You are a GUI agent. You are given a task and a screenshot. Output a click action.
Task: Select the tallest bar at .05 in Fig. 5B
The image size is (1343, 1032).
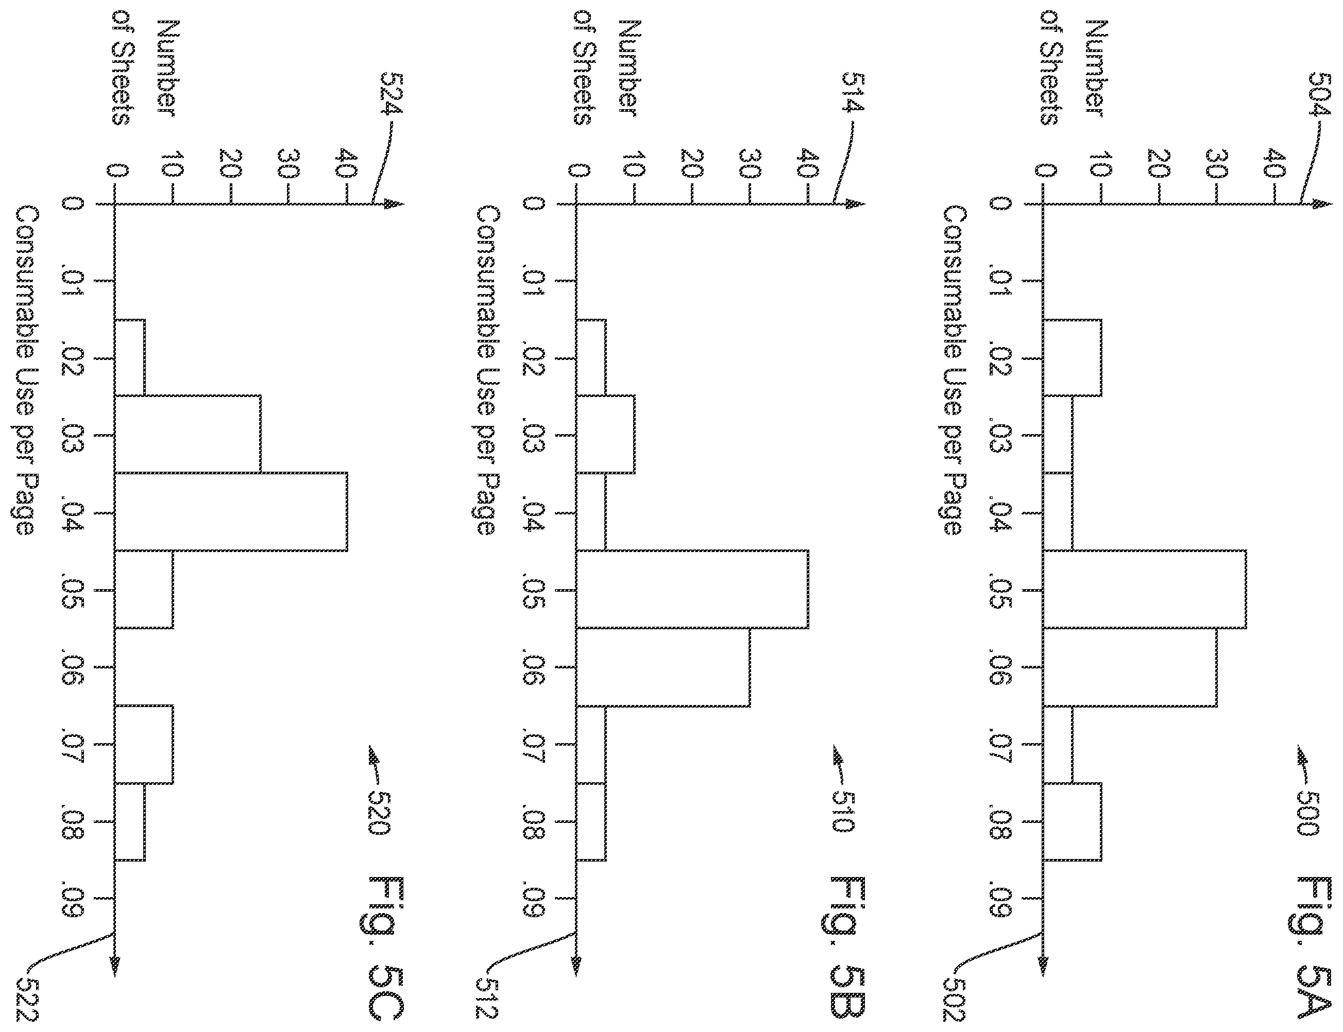point(692,589)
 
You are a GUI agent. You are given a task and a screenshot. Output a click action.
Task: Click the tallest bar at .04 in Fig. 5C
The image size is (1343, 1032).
point(231,512)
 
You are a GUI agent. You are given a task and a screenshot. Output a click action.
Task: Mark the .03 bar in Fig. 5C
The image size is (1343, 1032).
point(188,434)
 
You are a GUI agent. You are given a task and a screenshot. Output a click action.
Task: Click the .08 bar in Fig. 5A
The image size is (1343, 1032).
point(1072,822)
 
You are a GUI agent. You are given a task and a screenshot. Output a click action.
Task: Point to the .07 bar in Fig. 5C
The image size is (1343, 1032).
point(144,745)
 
